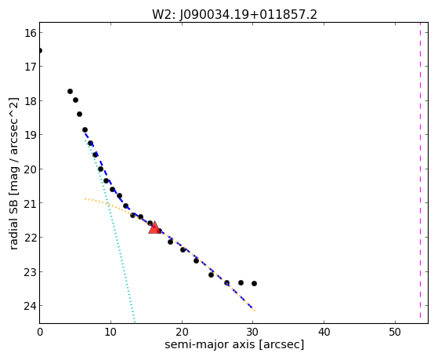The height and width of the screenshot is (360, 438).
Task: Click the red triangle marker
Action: coord(154,227)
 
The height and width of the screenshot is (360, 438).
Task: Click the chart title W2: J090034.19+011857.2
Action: coord(234,14)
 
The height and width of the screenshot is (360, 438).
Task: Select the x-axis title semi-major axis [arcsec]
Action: coord(234,344)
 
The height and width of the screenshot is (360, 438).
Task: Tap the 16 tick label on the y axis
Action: coord(30,33)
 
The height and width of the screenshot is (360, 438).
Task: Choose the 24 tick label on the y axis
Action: coord(30,306)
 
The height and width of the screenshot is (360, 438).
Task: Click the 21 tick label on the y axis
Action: coord(30,203)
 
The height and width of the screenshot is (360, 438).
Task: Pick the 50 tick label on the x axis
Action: coord(395,332)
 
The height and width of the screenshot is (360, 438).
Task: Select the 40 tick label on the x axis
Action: coord(324,332)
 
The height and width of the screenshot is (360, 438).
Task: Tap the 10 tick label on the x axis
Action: coord(110,332)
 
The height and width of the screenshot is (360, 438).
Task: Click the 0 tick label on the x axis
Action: coord(40,332)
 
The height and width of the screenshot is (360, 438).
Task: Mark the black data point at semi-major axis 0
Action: coord(40,51)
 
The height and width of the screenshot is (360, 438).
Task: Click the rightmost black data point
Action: coord(254,284)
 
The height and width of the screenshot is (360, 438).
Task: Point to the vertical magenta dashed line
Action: coord(420,170)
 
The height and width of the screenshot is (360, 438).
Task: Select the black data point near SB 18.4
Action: coord(79,115)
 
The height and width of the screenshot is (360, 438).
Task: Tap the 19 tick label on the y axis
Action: coord(30,135)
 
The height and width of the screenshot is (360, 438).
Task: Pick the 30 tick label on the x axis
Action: coord(253,332)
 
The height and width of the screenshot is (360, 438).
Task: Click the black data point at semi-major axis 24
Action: coord(211,275)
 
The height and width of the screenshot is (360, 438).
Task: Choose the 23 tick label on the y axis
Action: coord(30,272)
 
